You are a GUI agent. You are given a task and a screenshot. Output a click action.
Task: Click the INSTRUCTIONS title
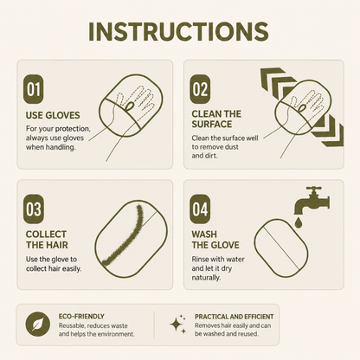178,31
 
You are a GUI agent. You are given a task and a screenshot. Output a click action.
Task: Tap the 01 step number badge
33,89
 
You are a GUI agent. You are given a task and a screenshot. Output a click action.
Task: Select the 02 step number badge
200,89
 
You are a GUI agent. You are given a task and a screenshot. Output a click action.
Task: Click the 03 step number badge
33,209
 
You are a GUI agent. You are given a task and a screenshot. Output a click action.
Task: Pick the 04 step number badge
200,209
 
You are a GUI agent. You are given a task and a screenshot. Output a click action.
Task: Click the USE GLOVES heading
53,115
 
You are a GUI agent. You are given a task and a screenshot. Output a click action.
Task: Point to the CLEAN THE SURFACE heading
216,119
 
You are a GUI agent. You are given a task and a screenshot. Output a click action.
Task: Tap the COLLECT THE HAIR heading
47,240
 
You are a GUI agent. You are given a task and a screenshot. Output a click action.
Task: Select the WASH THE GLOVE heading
215,240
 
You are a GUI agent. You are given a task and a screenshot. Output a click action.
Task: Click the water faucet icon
312,201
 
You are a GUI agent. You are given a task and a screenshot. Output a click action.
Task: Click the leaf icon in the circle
37,325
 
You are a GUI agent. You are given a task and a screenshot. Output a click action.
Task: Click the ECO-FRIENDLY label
81,317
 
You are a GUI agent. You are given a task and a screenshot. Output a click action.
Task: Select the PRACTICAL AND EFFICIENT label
235,317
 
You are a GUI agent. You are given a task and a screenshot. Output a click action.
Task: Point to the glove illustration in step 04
281,248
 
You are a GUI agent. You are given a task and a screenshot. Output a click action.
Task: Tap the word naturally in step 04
206,278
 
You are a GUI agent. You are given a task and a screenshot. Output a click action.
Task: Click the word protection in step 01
73,129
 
